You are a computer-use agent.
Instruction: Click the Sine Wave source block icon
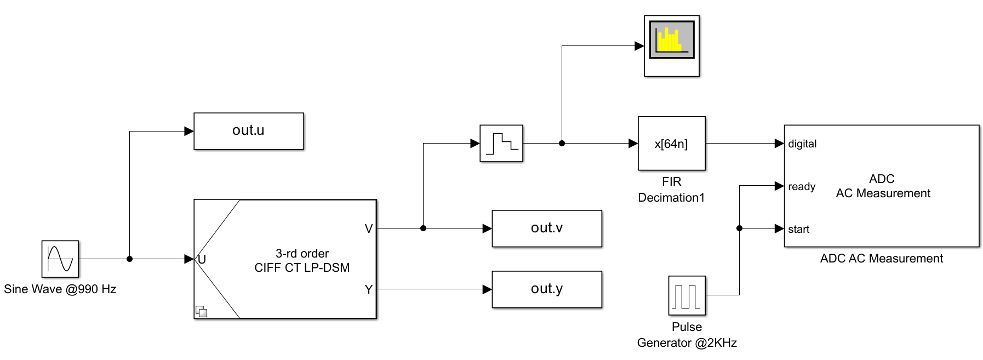click(x=60, y=259)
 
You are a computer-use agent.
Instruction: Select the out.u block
click(x=248, y=131)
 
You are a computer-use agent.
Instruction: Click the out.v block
click(x=546, y=228)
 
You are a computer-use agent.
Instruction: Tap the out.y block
click(x=546, y=289)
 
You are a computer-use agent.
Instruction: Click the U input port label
click(x=202, y=259)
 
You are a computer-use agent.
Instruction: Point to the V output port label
click(x=368, y=229)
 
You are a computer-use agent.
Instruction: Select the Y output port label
click(x=368, y=289)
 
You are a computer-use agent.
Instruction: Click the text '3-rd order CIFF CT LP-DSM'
click(x=302, y=261)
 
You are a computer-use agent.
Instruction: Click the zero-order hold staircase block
click(x=501, y=144)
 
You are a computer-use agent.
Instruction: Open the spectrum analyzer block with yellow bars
click(x=671, y=45)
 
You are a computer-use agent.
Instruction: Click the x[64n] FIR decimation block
click(x=671, y=144)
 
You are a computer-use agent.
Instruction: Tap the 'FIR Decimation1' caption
click(x=671, y=190)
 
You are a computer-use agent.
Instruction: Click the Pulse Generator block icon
click(x=687, y=295)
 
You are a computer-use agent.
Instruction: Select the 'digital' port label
click(x=802, y=144)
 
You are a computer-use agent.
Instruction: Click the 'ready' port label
click(x=801, y=187)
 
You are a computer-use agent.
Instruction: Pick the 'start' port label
click(x=798, y=230)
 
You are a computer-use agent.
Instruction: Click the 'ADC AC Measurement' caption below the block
click(x=881, y=259)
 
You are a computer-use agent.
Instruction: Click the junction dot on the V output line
click(x=423, y=228)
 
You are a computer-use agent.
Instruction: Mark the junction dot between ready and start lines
click(x=739, y=228)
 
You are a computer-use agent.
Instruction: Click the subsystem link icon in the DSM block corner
click(x=201, y=311)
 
